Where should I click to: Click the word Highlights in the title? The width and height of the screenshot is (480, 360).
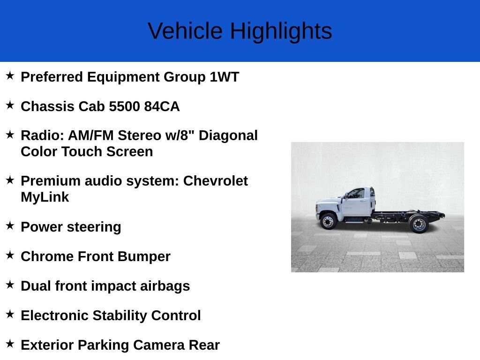[281, 31]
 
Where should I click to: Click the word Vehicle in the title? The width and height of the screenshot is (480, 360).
[185, 31]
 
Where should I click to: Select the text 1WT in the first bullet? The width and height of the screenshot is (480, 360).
[225, 77]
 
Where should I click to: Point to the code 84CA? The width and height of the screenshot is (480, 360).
[162, 106]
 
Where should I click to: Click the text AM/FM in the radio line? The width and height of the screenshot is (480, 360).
[90, 135]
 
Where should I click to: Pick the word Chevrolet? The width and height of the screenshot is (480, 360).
[216, 181]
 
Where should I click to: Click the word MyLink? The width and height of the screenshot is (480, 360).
[45, 197]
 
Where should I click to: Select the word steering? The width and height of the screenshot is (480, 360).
[94, 227]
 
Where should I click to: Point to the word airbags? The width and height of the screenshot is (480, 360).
[165, 286]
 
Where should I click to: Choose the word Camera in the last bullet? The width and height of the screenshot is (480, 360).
[158, 345]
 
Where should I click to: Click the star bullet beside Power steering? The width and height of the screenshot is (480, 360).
[10, 226]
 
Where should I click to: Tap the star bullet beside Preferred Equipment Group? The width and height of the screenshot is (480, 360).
[10, 75]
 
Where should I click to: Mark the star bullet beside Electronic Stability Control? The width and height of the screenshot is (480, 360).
[10, 314]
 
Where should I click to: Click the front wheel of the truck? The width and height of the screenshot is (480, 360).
[328, 221]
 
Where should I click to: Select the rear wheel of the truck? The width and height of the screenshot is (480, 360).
[419, 224]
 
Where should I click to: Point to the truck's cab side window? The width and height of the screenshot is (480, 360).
[356, 194]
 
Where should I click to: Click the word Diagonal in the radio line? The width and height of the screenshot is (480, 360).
[228, 135]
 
